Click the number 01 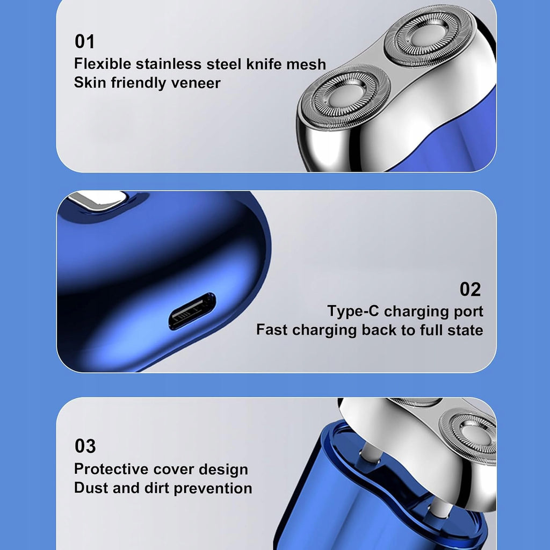point(84,41)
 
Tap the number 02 point(470,290)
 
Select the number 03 point(85,446)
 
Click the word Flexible point(103,64)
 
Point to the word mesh point(306,64)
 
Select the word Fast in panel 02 point(272,330)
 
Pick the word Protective point(111,469)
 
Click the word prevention point(213,488)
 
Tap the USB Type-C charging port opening point(192,311)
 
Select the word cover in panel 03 point(173,469)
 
